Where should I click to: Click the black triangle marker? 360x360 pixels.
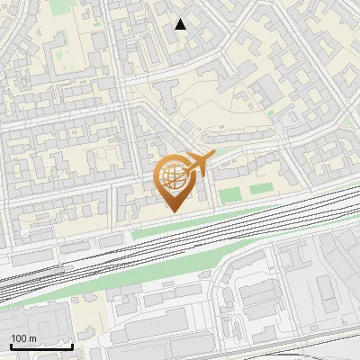(181, 24)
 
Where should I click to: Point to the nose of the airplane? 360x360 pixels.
(212, 156)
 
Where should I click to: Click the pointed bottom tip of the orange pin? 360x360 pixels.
(174, 211)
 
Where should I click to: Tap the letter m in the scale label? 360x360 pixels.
(33, 338)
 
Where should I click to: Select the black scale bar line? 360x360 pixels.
(40, 347)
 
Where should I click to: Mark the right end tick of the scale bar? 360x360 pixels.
(73, 346)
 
